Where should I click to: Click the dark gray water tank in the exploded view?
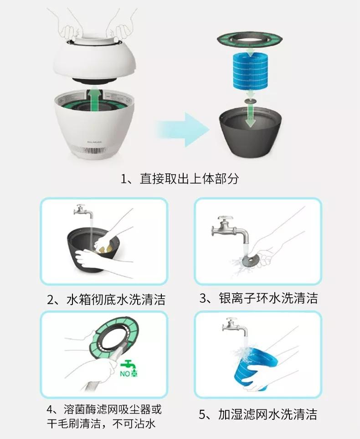[250, 132]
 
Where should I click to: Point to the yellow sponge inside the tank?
[104, 248]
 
